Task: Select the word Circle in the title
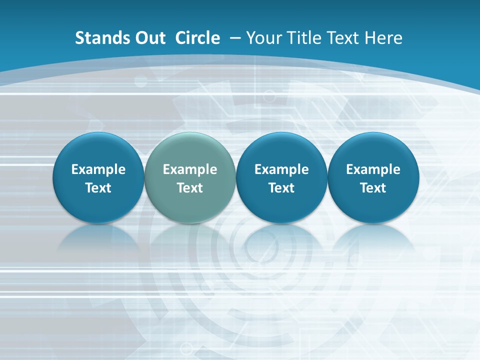(x=197, y=38)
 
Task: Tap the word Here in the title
(x=382, y=38)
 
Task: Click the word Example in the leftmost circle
(x=98, y=169)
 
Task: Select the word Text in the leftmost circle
(x=98, y=188)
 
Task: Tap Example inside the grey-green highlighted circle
(x=190, y=169)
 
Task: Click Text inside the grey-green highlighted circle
(x=190, y=188)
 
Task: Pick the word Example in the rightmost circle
(x=373, y=169)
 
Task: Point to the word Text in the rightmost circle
(x=373, y=188)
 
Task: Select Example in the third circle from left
(x=281, y=169)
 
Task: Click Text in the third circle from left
(x=281, y=188)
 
